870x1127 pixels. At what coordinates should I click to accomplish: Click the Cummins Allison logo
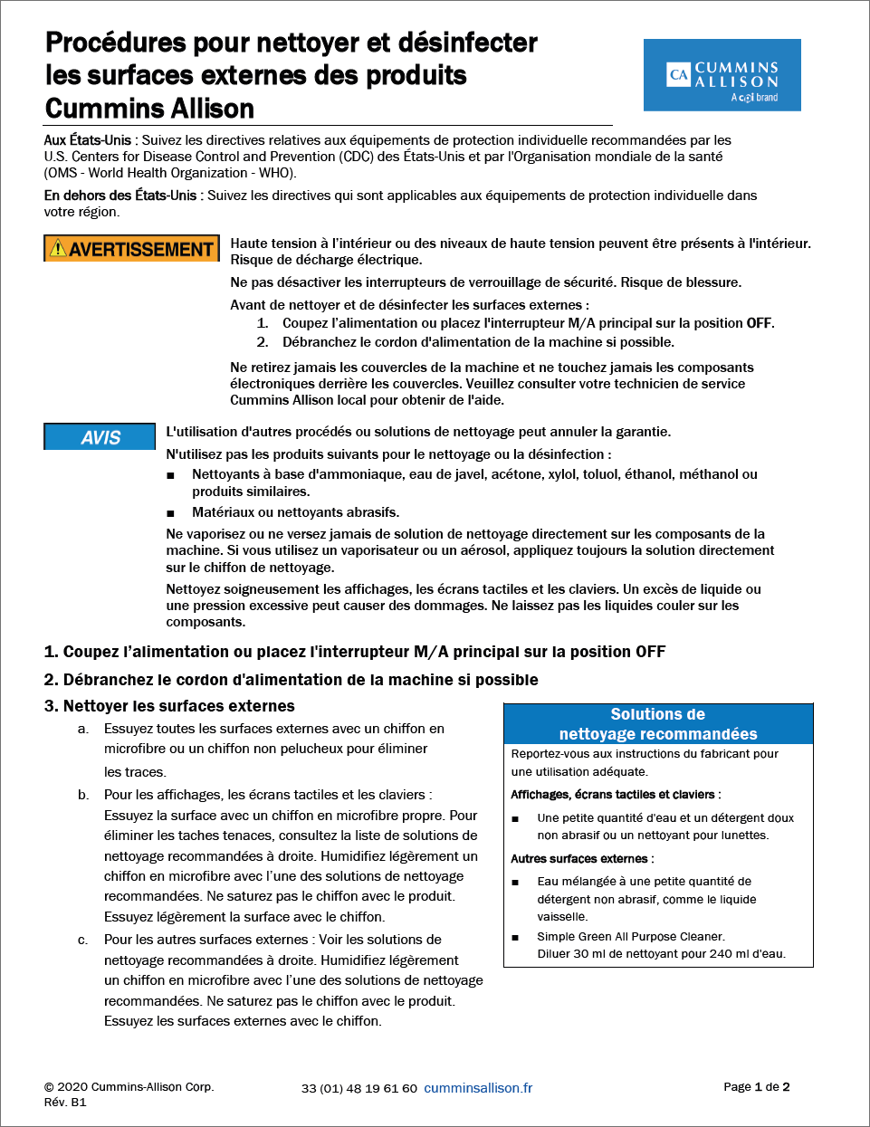click(x=722, y=75)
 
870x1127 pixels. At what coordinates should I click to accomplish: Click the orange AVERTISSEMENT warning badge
click(x=132, y=249)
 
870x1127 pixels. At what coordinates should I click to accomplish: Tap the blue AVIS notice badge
click(x=100, y=437)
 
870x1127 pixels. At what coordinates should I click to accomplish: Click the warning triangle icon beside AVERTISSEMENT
click(x=59, y=249)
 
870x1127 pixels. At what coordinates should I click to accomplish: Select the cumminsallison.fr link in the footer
click(x=478, y=1088)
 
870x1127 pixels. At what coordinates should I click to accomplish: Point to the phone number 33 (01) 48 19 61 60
click(x=359, y=1088)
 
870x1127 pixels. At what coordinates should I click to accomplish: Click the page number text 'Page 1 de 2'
click(x=756, y=1086)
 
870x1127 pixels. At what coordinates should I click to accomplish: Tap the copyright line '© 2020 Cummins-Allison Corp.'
click(x=129, y=1086)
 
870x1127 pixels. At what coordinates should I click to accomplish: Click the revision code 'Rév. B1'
click(x=65, y=1102)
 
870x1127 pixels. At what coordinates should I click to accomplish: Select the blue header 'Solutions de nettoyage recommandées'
click(x=658, y=724)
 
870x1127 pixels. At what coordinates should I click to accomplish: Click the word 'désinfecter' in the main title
click(x=468, y=43)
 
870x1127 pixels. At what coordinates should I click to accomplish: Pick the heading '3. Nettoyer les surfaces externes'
click(x=169, y=706)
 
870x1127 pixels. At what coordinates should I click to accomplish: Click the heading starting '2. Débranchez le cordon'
click(x=291, y=680)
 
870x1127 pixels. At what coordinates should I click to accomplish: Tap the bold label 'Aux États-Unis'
click(x=88, y=140)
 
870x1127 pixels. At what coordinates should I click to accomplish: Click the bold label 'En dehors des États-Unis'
click(x=120, y=196)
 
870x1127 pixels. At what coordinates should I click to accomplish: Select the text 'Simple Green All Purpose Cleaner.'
click(x=630, y=937)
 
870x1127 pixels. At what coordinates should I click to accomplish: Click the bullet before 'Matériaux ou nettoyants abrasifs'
click(x=170, y=513)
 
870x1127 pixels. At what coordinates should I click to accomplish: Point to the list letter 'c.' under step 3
click(x=83, y=941)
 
